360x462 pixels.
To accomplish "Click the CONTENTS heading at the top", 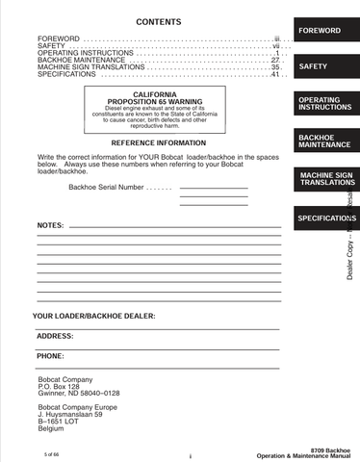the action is coord(153,21).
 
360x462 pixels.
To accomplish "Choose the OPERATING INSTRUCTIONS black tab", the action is coord(324,103).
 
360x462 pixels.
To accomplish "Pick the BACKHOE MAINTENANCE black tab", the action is coord(324,141).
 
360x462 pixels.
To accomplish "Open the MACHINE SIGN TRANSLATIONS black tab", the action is coord(324,179).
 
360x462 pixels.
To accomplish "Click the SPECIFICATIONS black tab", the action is coord(324,218).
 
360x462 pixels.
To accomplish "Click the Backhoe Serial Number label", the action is coord(109,187).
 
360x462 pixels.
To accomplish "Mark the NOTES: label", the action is coord(50,224).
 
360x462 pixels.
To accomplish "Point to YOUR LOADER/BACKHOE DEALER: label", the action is coord(94,316).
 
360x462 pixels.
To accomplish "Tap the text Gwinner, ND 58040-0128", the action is coord(78,394).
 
